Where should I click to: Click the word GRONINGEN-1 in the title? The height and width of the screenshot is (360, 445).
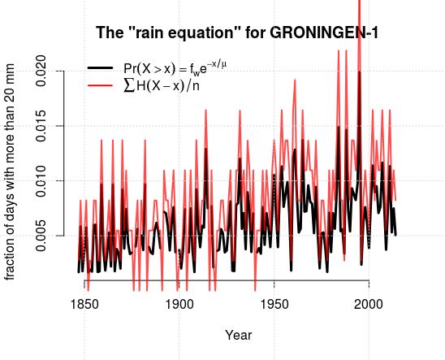coord(324,33)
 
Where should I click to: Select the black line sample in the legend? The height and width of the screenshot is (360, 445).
coord(101,67)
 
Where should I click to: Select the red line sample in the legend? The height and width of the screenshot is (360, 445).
coord(101,85)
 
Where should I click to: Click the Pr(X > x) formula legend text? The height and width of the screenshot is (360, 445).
coord(175,68)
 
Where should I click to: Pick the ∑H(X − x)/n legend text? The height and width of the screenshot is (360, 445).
coord(162,86)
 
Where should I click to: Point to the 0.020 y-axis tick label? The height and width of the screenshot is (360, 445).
coord(41,71)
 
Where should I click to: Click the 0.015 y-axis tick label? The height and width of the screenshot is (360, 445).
coord(41,126)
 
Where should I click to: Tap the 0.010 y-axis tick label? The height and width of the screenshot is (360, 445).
coord(41,181)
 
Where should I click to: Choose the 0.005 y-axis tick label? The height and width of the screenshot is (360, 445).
coord(41,236)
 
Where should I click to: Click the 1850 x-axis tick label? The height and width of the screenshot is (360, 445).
coord(84,305)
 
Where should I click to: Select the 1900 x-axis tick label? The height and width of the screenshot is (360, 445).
coord(179,305)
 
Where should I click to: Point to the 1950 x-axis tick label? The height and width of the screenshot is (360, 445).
coord(274,305)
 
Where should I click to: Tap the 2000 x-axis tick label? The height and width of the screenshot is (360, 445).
coord(369,305)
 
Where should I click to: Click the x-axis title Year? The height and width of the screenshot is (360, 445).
coord(239,335)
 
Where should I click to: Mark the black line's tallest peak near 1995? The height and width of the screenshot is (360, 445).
coord(360,72)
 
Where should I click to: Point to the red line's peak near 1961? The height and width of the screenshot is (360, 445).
coord(295,80)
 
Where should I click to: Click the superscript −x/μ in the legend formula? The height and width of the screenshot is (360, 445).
coord(216,64)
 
